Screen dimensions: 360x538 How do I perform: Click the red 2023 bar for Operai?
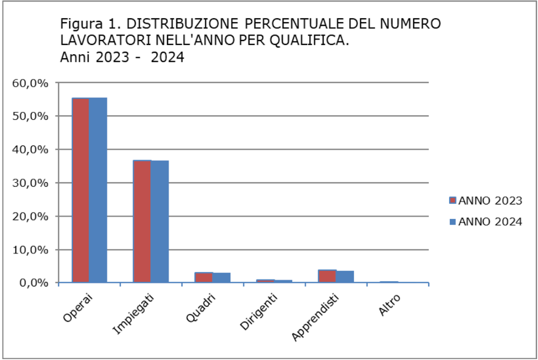point(81,190)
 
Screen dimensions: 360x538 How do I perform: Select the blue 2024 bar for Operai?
point(98,190)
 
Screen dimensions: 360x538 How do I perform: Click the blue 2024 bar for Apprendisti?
point(345,277)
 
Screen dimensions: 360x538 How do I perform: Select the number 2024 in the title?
point(167,57)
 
